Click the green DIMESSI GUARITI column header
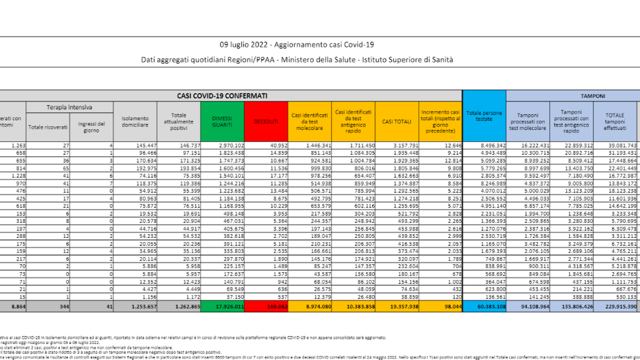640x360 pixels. (x=222, y=122)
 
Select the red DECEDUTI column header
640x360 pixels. (x=266, y=122)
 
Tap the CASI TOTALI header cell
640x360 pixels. (x=396, y=122)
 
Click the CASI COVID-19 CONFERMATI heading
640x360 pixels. (x=222, y=95)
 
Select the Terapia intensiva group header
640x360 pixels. (x=69, y=107)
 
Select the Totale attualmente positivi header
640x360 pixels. (x=179, y=122)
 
